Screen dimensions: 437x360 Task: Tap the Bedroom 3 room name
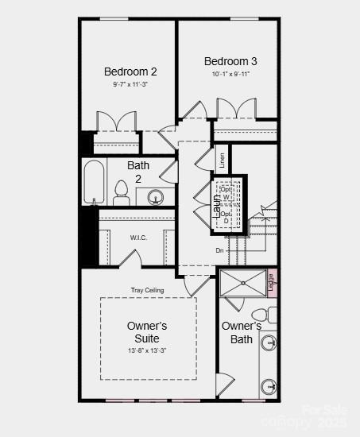pyautogui.click(x=230, y=61)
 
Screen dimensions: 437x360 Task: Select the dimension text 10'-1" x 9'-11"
pyautogui.click(x=230, y=74)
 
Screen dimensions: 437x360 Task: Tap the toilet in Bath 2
pyautogui.click(x=122, y=191)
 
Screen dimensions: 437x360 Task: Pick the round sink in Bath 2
pyautogui.click(x=154, y=197)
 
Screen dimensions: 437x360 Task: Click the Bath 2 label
pyautogui.click(x=138, y=172)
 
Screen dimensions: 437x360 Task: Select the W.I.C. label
pyautogui.click(x=139, y=238)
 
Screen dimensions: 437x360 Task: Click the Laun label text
pyautogui.click(x=216, y=205)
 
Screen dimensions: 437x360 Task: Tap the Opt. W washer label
pyautogui.click(x=226, y=193)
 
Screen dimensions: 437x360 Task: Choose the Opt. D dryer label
pyautogui.click(x=226, y=217)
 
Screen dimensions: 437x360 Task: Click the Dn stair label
pyautogui.click(x=219, y=250)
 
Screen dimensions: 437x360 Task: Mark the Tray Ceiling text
pyautogui.click(x=148, y=290)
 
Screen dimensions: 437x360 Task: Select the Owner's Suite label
pyautogui.click(x=147, y=332)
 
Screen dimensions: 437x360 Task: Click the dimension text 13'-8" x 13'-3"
pyautogui.click(x=147, y=350)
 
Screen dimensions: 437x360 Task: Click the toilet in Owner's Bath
pyautogui.click(x=269, y=315)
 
